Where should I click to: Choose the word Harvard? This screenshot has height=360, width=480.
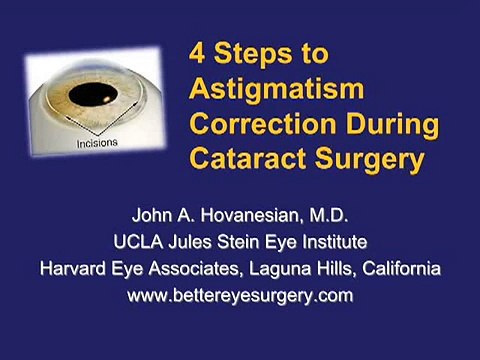73,268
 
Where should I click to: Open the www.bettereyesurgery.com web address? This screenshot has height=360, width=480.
239,295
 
